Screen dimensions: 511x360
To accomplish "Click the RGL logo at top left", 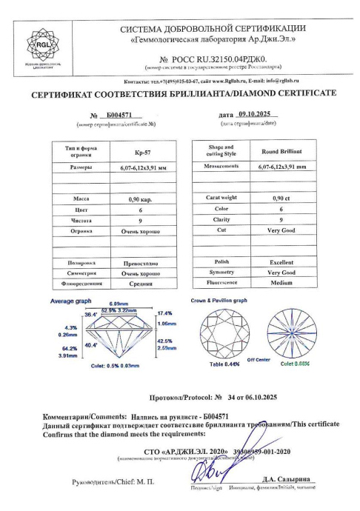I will click(x=36, y=44).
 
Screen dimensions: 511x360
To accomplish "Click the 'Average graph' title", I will click(x=70, y=301).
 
